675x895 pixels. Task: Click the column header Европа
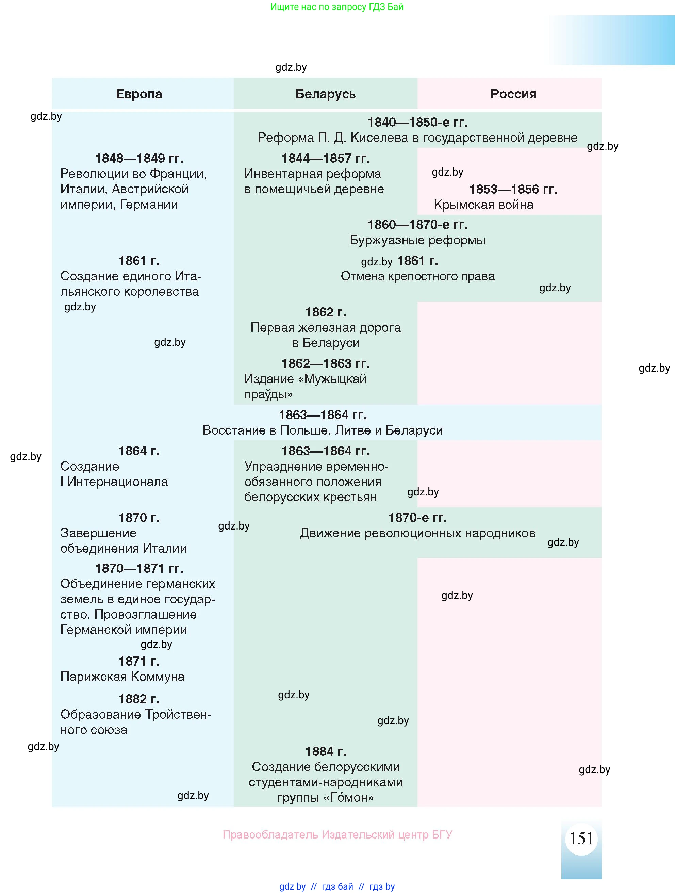[x=139, y=94]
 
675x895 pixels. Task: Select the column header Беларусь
[x=325, y=94]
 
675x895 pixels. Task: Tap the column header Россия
[x=513, y=94]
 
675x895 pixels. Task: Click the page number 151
[x=581, y=839]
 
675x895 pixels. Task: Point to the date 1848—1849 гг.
[x=139, y=158]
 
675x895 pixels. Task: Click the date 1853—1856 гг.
[x=513, y=189]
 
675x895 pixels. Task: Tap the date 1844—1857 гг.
[x=325, y=158]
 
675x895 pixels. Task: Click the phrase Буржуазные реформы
[x=417, y=240]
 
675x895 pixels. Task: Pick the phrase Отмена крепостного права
[x=417, y=276]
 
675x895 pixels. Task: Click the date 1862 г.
[x=325, y=312]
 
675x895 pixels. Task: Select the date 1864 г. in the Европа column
[x=139, y=451]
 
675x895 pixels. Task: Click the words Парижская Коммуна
[x=122, y=677]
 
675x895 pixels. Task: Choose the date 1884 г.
[x=325, y=752]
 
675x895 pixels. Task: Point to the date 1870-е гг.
[x=417, y=518]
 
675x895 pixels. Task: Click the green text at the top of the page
[x=337, y=7]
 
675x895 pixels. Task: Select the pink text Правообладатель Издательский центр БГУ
[x=337, y=835]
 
